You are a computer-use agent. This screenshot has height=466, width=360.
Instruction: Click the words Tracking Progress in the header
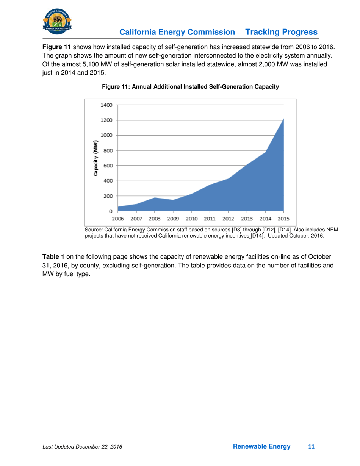tap(282, 32)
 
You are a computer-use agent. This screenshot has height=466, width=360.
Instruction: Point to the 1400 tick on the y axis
tap(106, 105)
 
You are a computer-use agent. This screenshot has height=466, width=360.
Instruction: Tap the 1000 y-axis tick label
tap(106, 135)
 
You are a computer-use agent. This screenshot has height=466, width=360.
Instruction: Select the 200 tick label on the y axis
tap(108, 196)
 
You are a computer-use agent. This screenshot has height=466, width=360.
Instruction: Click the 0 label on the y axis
tap(110, 211)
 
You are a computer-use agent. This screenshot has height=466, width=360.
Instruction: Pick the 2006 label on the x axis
tap(118, 219)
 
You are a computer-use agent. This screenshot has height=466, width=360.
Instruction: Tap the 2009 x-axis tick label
tap(173, 219)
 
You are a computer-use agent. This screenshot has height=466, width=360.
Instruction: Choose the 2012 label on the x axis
tap(229, 219)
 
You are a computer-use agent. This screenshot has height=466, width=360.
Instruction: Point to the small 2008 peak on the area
tap(155, 198)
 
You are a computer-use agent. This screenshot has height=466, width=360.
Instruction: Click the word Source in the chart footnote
tap(94, 230)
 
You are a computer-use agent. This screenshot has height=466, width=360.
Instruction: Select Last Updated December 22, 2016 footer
tap(82, 447)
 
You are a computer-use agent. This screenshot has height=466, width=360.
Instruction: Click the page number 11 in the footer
tap(311, 447)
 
